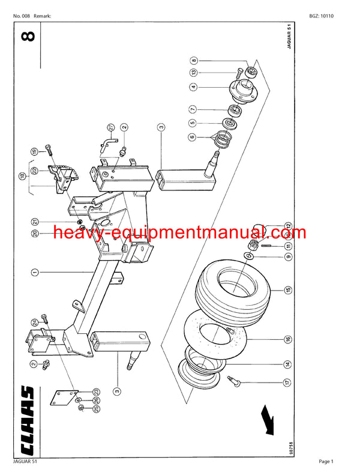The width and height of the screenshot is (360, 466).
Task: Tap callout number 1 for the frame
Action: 35,272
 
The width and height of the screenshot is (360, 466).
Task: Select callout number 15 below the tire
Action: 289,291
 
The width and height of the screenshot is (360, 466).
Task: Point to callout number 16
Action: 289,339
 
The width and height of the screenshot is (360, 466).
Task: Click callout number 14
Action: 289,364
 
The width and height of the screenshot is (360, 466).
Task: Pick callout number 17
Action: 289,381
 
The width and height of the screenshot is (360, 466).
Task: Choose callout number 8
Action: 194,60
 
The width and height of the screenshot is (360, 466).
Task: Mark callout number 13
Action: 194,72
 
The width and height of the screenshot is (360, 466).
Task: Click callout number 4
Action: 194,86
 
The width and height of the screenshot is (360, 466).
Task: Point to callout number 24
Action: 35,322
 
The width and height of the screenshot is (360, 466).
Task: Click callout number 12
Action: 289,226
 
